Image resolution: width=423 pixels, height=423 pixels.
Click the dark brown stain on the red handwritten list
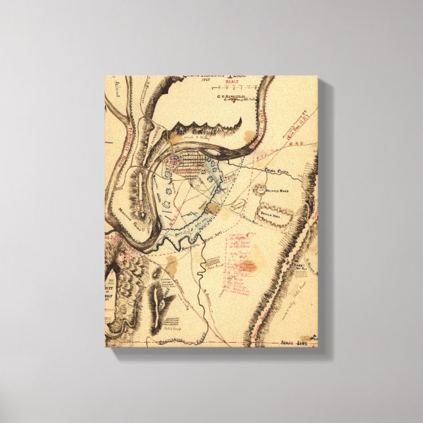246,266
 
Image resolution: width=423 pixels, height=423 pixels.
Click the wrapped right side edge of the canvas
323,217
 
